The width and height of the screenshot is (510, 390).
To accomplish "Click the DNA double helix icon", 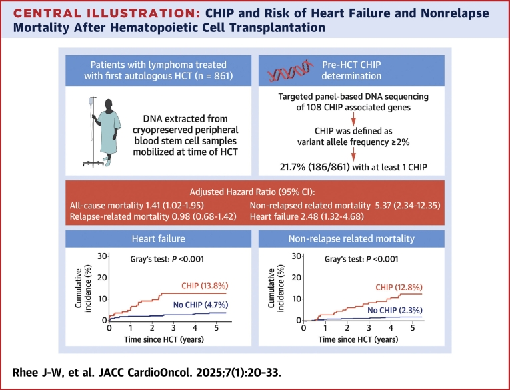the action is [291, 70].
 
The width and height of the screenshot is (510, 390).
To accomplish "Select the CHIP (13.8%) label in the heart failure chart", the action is [205, 286].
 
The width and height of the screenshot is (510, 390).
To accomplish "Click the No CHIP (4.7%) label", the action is [201, 305].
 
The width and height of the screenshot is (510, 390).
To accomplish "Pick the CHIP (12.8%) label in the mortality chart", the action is [399, 287].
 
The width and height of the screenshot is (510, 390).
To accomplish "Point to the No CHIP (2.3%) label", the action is [395, 310].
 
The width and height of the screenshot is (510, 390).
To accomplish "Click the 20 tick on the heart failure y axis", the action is [102, 278].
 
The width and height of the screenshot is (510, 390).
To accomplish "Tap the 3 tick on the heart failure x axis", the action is [173, 328].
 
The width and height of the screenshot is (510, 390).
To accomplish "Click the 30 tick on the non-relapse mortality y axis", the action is [296, 256].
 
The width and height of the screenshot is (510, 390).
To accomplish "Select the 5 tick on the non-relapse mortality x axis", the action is [413, 328].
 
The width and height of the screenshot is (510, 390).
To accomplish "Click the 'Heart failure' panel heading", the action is [159, 239].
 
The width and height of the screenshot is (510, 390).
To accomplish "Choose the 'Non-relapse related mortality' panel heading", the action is [351, 239].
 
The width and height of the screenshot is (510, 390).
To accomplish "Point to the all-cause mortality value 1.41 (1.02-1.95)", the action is [174, 206].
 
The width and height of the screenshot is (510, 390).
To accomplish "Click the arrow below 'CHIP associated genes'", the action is [353, 119].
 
